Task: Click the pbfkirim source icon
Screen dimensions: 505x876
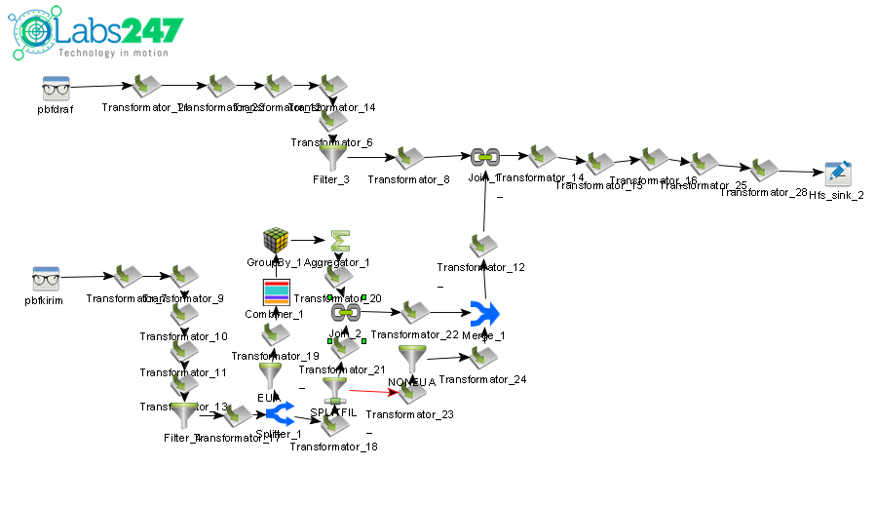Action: tap(46, 280)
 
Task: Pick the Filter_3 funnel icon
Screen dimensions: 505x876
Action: tap(332, 157)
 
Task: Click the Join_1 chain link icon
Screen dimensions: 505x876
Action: tap(484, 156)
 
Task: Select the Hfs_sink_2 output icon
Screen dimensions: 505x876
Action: tap(836, 174)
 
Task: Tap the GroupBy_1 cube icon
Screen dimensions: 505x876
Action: tap(276, 240)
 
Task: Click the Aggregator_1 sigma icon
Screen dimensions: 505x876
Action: tap(338, 240)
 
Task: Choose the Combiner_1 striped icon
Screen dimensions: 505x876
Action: tap(276, 291)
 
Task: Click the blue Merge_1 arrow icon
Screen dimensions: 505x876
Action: tap(483, 314)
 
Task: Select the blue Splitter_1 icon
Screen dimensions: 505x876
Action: tap(280, 415)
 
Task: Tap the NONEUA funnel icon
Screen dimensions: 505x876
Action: tap(411, 358)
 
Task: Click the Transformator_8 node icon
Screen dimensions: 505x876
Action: tap(408, 158)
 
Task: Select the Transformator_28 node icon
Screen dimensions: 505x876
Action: tap(764, 170)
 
